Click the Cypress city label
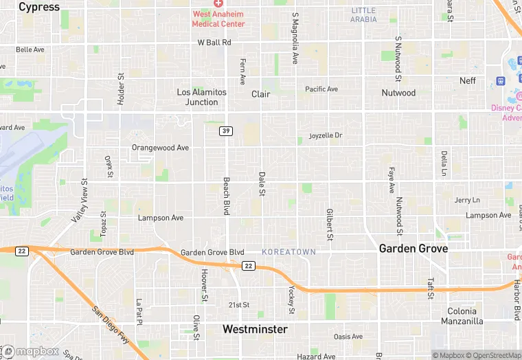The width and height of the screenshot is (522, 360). pyautogui.click(x=39, y=7)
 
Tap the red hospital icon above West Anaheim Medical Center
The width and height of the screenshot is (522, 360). pyautogui.click(x=218, y=4)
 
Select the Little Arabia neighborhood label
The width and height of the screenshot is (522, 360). pyautogui.click(x=363, y=14)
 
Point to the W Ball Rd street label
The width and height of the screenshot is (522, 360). pyautogui.click(x=214, y=43)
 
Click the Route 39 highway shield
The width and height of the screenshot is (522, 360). pyautogui.click(x=225, y=131)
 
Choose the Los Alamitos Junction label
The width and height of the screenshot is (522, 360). pyautogui.click(x=197, y=97)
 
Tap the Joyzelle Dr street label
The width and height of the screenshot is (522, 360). pyautogui.click(x=325, y=135)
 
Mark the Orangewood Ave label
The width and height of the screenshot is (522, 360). pyautogui.click(x=160, y=148)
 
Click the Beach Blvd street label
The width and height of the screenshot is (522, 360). pyautogui.click(x=225, y=196)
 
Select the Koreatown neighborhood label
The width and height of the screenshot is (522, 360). pyautogui.click(x=288, y=252)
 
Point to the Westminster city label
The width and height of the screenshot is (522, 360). pyautogui.click(x=255, y=330)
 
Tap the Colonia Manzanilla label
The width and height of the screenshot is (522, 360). pyautogui.click(x=465, y=316)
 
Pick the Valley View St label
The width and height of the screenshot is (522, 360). pyautogui.click(x=79, y=201)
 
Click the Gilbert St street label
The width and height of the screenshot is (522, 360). pyautogui.click(x=330, y=225)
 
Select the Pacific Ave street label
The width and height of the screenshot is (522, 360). pyautogui.click(x=321, y=89)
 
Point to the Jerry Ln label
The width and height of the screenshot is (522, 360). pyautogui.click(x=467, y=200)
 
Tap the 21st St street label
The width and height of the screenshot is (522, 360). pyautogui.click(x=238, y=304)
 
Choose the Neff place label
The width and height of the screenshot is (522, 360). pyautogui.click(x=467, y=80)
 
